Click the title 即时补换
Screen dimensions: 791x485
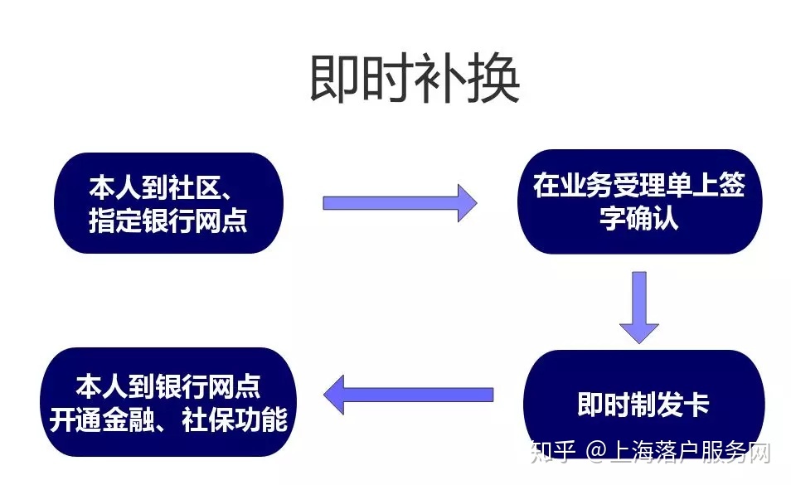click(x=415, y=79)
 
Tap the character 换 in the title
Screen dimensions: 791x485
click(x=494, y=79)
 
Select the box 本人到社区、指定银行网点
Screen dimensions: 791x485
click(x=168, y=202)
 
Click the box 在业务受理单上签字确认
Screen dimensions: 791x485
click(x=639, y=201)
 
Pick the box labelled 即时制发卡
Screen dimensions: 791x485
click(x=643, y=403)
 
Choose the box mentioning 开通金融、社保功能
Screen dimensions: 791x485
click(x=168, y=402)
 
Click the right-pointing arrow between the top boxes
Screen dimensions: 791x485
click(x=400, y=202)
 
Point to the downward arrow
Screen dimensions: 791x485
click(x=639, y=308)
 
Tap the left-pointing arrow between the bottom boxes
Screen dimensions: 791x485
click(x=408, y=395)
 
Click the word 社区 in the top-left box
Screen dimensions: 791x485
click(x=194, y=187)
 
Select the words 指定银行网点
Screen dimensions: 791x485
click(x=168, y=221)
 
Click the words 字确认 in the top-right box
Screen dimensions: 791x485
click(x=638, y=218)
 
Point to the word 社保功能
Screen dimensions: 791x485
click(x=235, y=420)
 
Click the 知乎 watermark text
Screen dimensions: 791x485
click(x=553, y=452)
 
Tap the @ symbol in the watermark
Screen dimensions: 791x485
click(x=596, y=452)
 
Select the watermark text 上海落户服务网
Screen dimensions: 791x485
click(x=690, y=452)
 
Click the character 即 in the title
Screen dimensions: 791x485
click(x=335, y=79)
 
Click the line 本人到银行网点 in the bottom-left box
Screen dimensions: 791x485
click(x=168, y=386)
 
